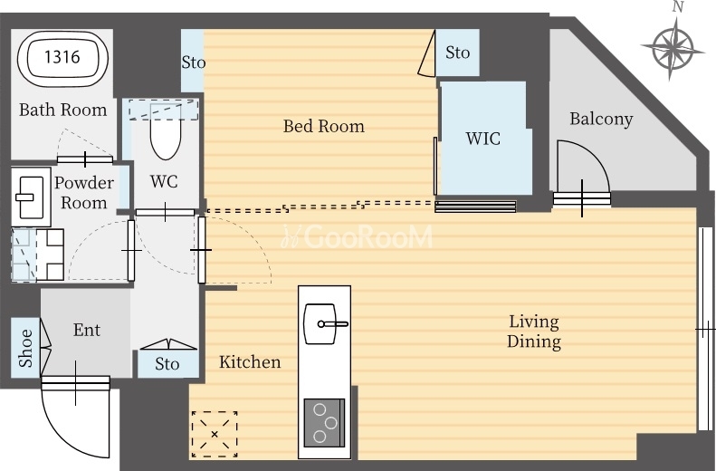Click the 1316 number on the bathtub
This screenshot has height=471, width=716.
pyautogui.click(x=62, y=57)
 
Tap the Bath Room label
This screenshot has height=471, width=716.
pyautogui.click(x=63, y=111)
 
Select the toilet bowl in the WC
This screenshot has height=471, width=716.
pyautogui.click(x=165, y=132)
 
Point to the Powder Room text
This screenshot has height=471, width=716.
pyautogui.click(x=84, y=192)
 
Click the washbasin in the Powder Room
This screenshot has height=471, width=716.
pyautogui.click(x=30, y=197)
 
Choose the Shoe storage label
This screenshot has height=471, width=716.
pyautogui.click(x=26, y=348)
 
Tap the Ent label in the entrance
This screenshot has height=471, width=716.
pyautogui.click(x=87, y=330)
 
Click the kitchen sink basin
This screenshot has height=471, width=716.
pyautogui.click(x=320, y=323)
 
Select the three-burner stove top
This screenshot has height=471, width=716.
pyautogui.click(x=324, y=423)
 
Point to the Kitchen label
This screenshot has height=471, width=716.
pyautogui.click(x=250, y=362)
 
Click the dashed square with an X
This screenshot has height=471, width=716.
pyautogui.click(x=215, y=434)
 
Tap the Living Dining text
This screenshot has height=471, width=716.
pyautogui.click(x=534, y=332)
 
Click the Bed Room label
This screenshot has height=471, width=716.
pyautogui.click(x=324, y=126)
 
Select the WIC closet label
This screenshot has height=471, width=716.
pyautogui.click(x=483, y=139)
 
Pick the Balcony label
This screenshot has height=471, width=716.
pyautogui.click(x=601, y=120)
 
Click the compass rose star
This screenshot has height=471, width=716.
pyautogui.click(x=673, y=47)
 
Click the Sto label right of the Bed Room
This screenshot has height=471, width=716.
pyautogui.click(x=457, y=53)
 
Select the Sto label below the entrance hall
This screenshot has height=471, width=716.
pyautogui.click(x=167, y=364)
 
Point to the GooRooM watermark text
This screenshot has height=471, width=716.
pyautogui.click(x=357, y=237)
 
